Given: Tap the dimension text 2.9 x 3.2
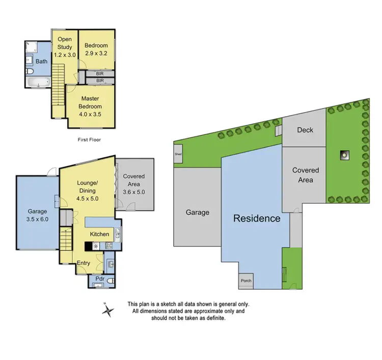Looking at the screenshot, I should click(x=97, y=54).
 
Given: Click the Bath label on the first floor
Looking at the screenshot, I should click(x=42, y=62).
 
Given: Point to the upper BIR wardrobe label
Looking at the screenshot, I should click(x=100, y=73).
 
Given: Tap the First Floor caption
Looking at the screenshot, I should click(x=90, y=139).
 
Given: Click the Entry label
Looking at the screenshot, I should click(x=83, y=263).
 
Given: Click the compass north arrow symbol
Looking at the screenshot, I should click(x=107, y=310).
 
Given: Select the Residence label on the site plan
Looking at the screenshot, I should click(x=257, y=218).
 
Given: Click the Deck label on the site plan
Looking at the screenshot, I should click(x=305, y=130).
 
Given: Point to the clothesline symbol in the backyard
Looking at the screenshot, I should click(x=345, y=153).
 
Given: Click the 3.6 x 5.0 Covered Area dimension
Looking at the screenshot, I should click(x=134, y=192).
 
